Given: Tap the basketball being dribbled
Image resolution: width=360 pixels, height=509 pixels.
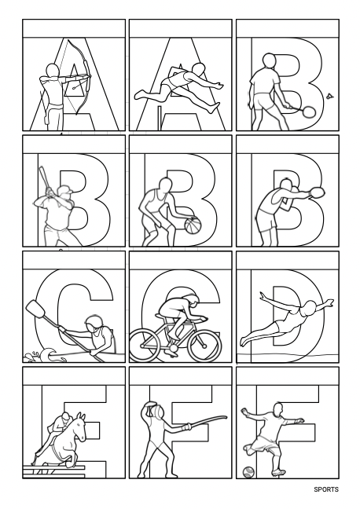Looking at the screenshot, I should [x=193, y=225].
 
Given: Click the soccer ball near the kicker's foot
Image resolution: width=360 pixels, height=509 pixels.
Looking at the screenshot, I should [x=248, y=472].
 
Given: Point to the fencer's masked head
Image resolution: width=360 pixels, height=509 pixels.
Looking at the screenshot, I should [x=152, y=409].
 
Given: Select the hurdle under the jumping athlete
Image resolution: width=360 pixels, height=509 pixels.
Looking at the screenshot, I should [x=172, y=118].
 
